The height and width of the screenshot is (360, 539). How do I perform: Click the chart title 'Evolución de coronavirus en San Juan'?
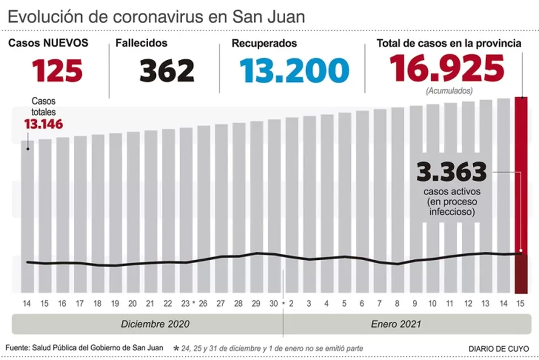(156, 16)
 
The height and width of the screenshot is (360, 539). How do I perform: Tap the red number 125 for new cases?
(57, 70)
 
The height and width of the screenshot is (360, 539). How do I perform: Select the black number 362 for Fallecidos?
(167, 71)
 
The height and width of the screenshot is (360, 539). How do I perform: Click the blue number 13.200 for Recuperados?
(294, 71)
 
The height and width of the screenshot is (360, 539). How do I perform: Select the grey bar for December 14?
(27, 216)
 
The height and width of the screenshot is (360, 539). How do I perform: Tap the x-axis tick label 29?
(255, 304)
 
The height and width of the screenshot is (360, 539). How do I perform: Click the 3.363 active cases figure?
(452, 172)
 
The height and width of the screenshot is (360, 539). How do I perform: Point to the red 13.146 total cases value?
(43, 124)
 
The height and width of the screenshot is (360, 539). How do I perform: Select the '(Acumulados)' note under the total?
(449, 91)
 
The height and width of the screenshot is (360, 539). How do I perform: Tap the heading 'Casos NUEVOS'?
(48, 43)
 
